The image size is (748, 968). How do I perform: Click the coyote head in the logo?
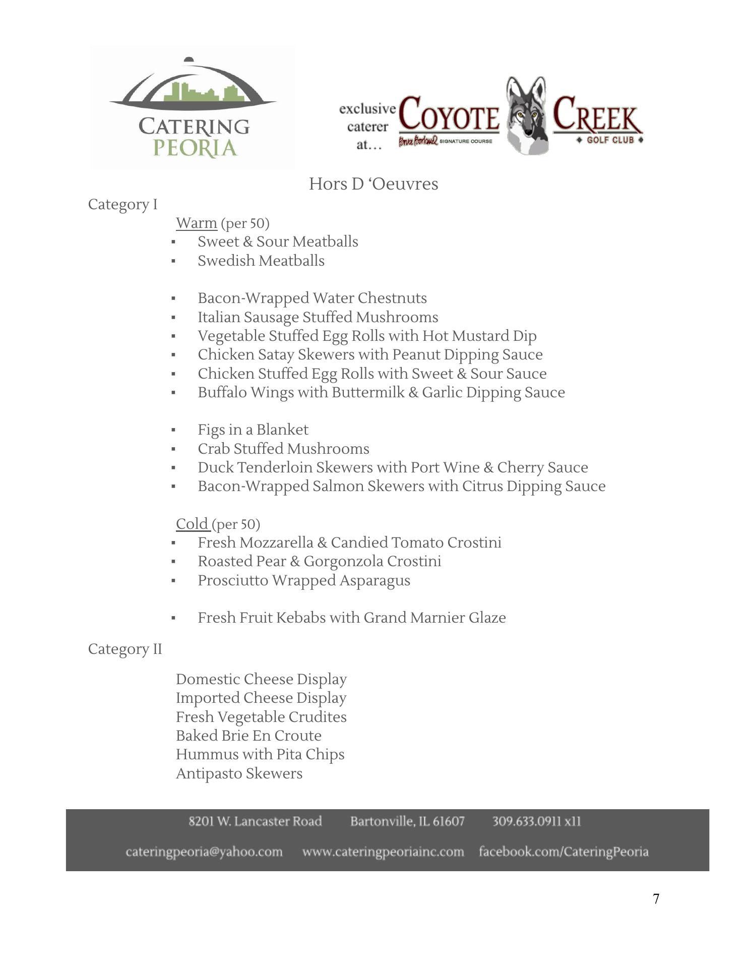(x=527, y=115)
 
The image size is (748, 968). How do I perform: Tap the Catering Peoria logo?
(x=193, y=107)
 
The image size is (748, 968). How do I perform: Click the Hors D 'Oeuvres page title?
(x=373, y=184)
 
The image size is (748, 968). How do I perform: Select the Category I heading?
(x=122, y=205)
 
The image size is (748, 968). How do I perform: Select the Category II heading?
(x=125, y=649)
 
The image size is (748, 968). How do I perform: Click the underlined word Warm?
(x=196, y=223)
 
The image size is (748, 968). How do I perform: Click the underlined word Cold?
(x=192, y=524)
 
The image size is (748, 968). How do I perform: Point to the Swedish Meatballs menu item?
(x=261, y=261)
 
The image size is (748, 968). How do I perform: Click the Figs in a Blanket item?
(x=253, y=430)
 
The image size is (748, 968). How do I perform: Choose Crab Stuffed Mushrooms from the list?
(x=283, y=449)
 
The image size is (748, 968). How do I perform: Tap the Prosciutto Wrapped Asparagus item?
(x=303, y=580)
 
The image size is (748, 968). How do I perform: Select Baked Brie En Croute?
(x=248, y=736)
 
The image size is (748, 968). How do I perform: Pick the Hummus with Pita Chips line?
(x=260, y=754)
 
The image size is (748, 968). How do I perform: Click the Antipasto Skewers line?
(x=239, y=773)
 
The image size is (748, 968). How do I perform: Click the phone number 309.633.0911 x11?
(x=536, y=821)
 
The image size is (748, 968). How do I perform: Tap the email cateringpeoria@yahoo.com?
(x=204, y=852)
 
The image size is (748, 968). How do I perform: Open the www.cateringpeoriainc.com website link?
(x=383, y=852)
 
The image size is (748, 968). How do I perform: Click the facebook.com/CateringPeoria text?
(x=564, y=852)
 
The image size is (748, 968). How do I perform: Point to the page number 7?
(x=656, y=899)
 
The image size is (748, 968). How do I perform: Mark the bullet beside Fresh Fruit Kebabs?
(x=173, y=618)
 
